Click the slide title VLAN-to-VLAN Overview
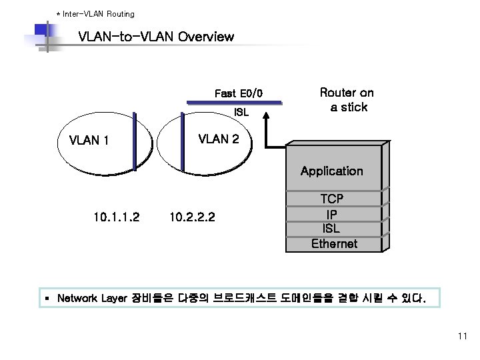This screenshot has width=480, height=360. point(156,37)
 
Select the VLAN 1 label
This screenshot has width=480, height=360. point(89,141)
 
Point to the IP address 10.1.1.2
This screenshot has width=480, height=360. point(117,216)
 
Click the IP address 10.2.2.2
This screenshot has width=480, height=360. point(192,216)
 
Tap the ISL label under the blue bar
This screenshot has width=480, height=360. point(241,113)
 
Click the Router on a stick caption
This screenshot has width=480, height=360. point(347,99)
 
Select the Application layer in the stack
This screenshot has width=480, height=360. point(331,171)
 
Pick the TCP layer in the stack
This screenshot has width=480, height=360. point(331,199)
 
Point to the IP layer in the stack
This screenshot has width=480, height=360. point(331,214)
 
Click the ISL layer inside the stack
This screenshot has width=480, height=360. point(331,229)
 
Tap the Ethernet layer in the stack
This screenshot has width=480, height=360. point(334,243)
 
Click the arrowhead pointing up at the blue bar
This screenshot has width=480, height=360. point(267,116)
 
